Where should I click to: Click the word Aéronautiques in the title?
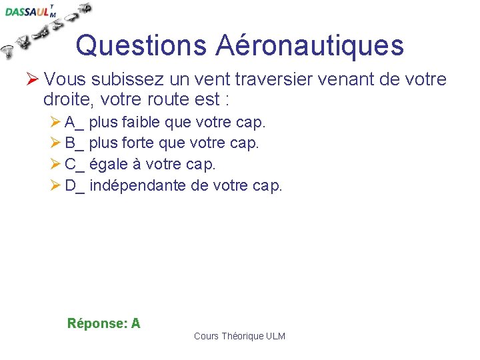click(309, 45)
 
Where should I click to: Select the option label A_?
click(75, 122)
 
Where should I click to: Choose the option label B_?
click(75, 143)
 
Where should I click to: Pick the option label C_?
click(75, 164)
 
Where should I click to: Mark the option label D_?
click(75, 185)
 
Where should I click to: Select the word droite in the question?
click(67, 101)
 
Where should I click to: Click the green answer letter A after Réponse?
click(136, 324)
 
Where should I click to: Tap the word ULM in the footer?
click(275, 336)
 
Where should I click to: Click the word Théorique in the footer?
click(243, 336)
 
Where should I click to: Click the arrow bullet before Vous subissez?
click(33, 80)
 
